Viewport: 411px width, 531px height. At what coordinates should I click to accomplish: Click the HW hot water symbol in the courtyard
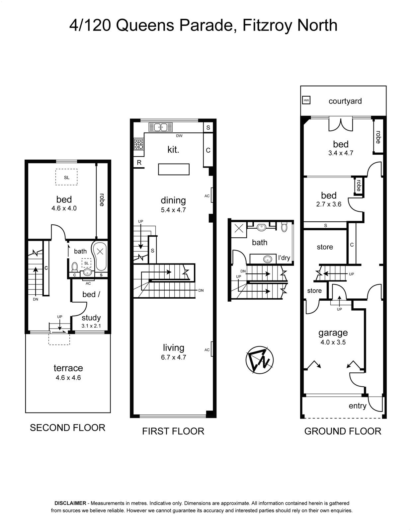(306, 100)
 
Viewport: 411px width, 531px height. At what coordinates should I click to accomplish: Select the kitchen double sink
(160, 127)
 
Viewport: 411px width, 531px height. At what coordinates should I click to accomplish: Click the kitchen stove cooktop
(138, 144)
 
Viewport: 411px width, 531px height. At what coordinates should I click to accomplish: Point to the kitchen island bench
(174, 169)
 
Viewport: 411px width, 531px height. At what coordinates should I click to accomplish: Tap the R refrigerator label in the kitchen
(139, 163)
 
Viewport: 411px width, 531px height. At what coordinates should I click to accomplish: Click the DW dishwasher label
(179, 136)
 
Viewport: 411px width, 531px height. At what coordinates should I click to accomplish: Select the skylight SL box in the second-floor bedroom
(66, 177)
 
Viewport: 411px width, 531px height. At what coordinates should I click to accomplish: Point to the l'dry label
(284, 258)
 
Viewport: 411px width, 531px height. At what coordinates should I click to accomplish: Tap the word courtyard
(345, 101)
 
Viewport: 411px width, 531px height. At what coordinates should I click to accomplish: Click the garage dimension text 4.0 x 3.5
(333, 342)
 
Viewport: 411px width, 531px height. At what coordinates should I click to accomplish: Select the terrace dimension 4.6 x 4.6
(68, 378)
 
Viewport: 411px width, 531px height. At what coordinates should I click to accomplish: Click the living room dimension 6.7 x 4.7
(174, 357)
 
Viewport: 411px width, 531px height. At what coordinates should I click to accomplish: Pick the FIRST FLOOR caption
(173, 431)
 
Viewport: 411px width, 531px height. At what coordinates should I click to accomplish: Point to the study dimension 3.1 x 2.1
(91, 326)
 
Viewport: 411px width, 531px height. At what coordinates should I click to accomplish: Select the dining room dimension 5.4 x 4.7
(173, 210)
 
